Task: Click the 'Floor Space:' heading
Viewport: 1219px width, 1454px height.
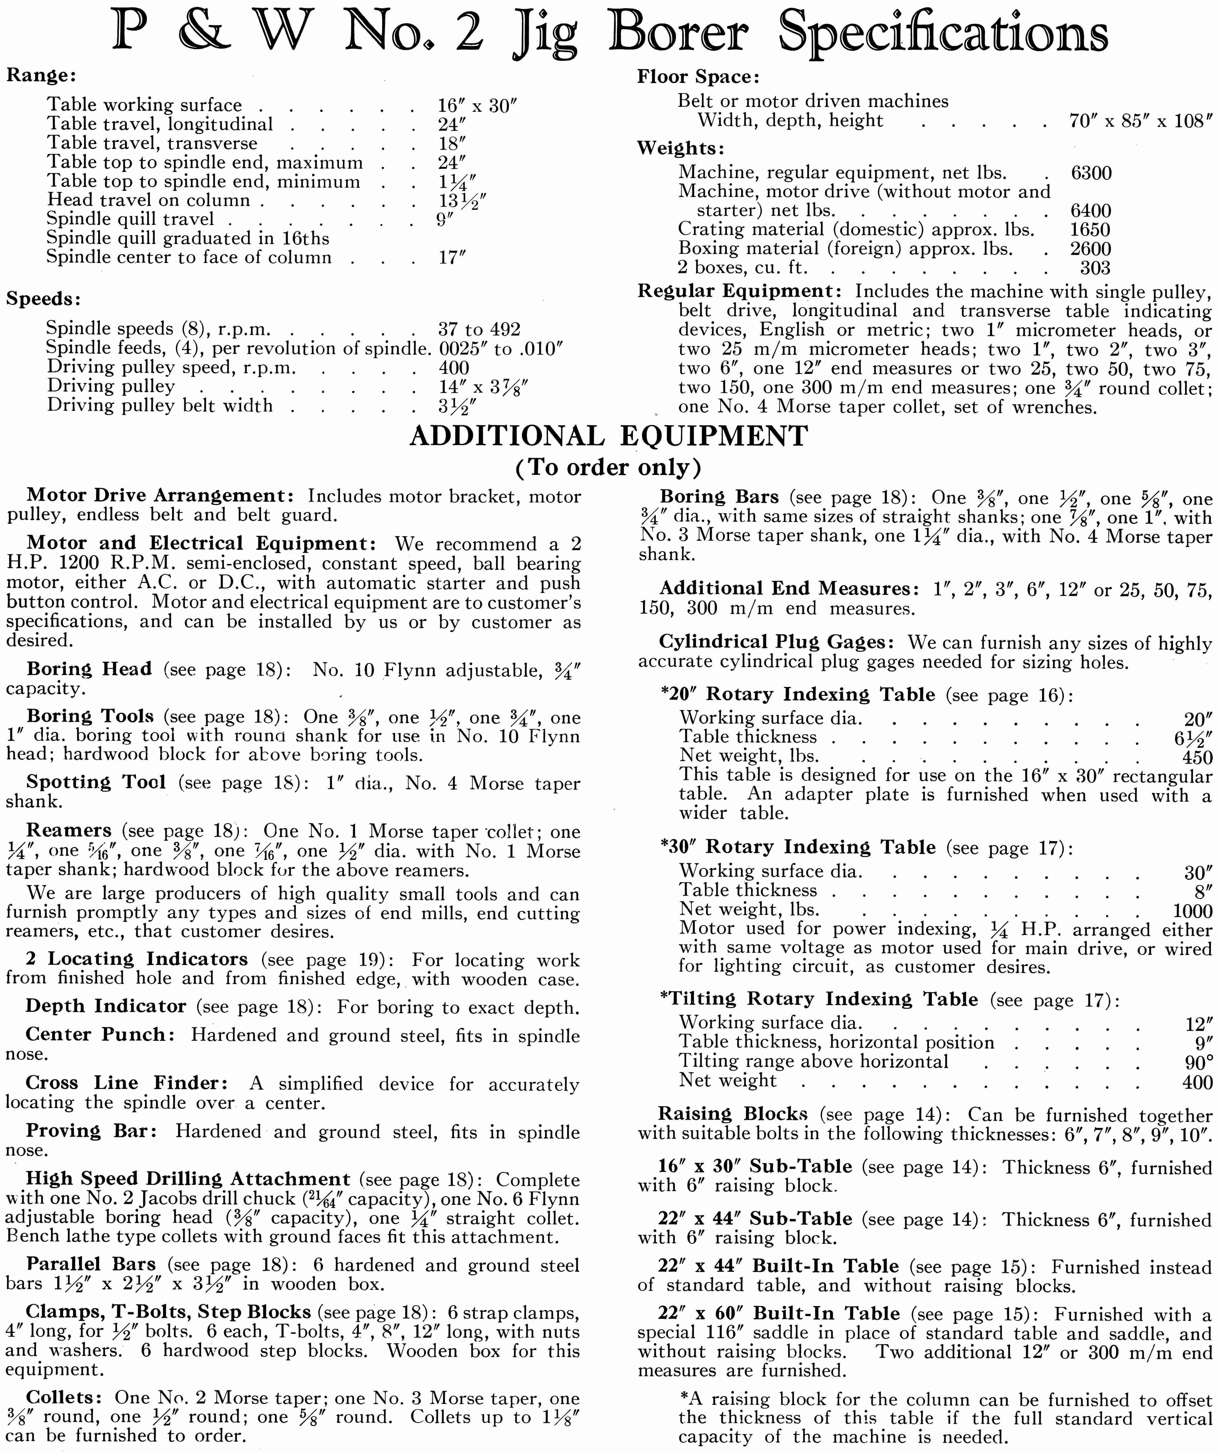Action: pos(698,77)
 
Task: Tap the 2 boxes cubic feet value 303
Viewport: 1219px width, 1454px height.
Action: pos(1095,268)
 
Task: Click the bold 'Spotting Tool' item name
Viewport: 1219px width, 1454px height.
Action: pos(96,782)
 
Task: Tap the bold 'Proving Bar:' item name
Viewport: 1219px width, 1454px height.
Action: pos(92,1131)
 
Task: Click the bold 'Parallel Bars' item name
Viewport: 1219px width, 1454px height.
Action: pos(91,1264)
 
